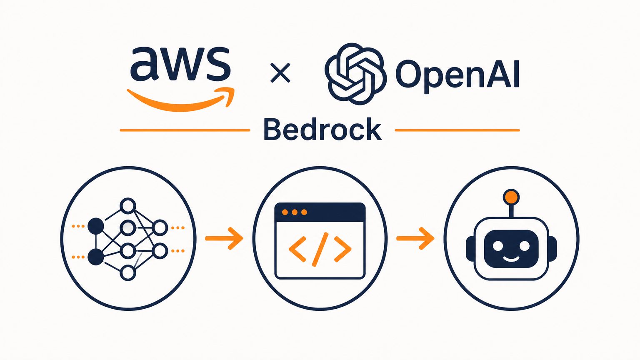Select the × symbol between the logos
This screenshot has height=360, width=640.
[x=280, y=73]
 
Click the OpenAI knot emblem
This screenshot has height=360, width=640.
[x=356, y=73]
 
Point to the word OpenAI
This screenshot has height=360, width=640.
[x=457, y=73]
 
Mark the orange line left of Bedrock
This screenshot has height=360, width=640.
[x=185, y=130]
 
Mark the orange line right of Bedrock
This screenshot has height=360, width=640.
[x=457, y=130]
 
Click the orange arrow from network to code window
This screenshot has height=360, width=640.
[x=224, y=238]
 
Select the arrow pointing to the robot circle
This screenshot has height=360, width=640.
[x=415, y=238]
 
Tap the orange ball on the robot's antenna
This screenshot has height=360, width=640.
[x=511, y=197]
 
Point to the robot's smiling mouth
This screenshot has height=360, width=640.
[x=511, y=258]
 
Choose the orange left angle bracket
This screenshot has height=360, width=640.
[x=297, y=249]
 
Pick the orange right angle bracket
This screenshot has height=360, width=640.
[x=342, y=249]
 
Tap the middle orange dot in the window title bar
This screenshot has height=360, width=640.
[x=295, y=212]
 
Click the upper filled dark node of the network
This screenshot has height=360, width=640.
[x=95, y=226]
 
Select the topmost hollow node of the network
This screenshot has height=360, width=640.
[x=127, y=206]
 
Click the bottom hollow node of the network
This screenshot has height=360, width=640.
[x=127, y=272]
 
